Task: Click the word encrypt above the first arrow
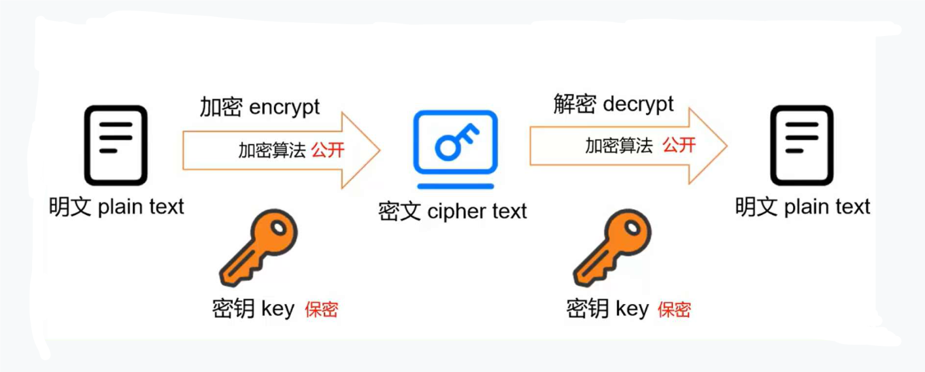point(284,107)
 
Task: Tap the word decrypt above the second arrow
point(638,103)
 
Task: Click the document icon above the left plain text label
point(116,145)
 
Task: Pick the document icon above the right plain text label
point(801,145)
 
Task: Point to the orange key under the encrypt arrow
point(259,248)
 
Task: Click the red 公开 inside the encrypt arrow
point(328,150)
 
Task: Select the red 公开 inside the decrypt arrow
point(679,145)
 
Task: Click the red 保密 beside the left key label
point(321,309)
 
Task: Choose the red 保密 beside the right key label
point(674,309)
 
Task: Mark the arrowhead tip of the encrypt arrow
point(379,150)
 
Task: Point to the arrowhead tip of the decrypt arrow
point(726,145)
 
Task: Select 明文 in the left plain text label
point(71,207)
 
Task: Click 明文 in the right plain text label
point(757,207)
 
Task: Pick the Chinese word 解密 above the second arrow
point(575,103)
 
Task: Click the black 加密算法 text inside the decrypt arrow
point(618,145)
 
